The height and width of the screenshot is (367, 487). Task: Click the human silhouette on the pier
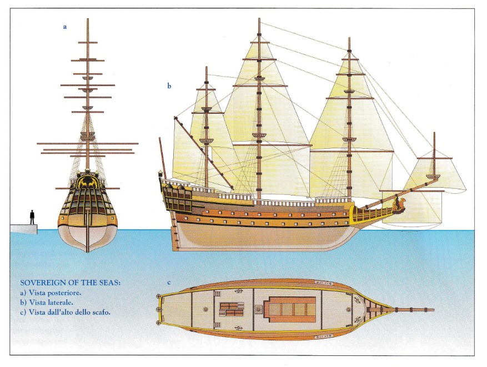tap(32, 217)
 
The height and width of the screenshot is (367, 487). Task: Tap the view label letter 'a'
tap(65, 27)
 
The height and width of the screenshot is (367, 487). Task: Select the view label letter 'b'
tap(169, 86)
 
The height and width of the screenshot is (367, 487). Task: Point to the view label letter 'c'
tap(169, 283)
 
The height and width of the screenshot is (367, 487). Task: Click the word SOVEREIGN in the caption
tap(41, 283)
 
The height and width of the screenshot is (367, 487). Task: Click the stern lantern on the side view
tap(160, 174)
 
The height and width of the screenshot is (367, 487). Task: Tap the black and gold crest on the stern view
tap(88, 182)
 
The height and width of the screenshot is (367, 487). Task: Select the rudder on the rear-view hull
tap(88, 230)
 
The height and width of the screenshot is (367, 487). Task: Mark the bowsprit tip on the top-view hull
tap(434, 310)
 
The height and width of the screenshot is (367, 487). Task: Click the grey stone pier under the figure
tap(24, 228)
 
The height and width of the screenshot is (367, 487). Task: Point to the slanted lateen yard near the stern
tap(204, 153)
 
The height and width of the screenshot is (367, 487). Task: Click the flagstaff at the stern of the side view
tap(162, 154)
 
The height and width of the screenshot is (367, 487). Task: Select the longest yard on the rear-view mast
tap(88, 144)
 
